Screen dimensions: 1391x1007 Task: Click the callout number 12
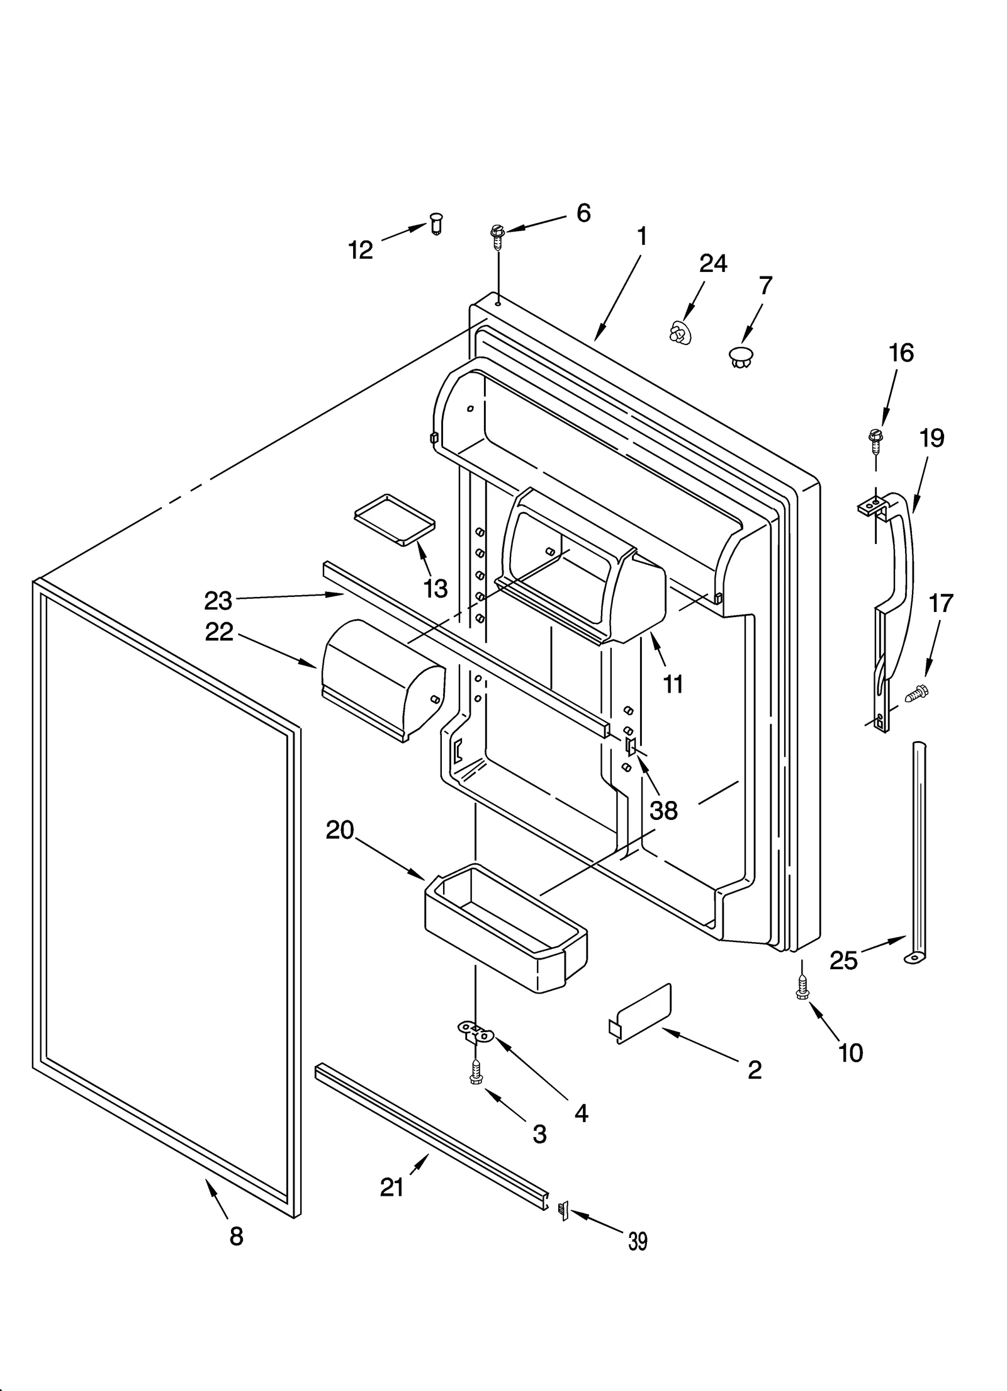point(361,251)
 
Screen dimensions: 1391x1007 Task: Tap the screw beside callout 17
point(917,694)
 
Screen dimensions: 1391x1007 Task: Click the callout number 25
point(843,977)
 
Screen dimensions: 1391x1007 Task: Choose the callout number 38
point(663,811)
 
